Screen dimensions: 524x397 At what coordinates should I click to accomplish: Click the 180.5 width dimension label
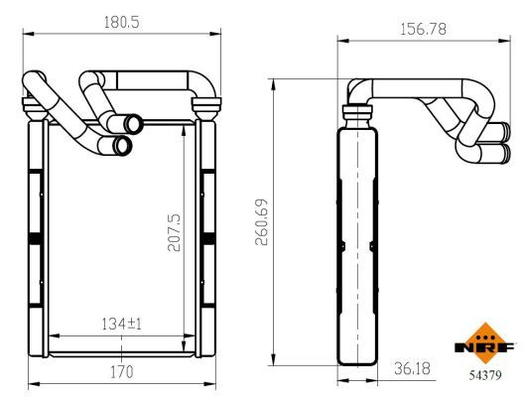coord(122,23)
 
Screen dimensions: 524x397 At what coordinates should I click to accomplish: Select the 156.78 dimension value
coord(423,30)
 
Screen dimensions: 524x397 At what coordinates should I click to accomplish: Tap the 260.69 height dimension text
coord(262,222)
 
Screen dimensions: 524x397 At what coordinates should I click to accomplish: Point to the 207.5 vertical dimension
coord(174,232)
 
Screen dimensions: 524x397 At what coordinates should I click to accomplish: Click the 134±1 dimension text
coord(122,324)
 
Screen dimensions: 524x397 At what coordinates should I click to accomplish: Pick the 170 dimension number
coord(122,372)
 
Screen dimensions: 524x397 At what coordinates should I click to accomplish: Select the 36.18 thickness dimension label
coord(412,368)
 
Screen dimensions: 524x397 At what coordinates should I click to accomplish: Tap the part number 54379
coord(485,375)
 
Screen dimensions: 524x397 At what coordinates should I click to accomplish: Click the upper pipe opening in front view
coord(133,124)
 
